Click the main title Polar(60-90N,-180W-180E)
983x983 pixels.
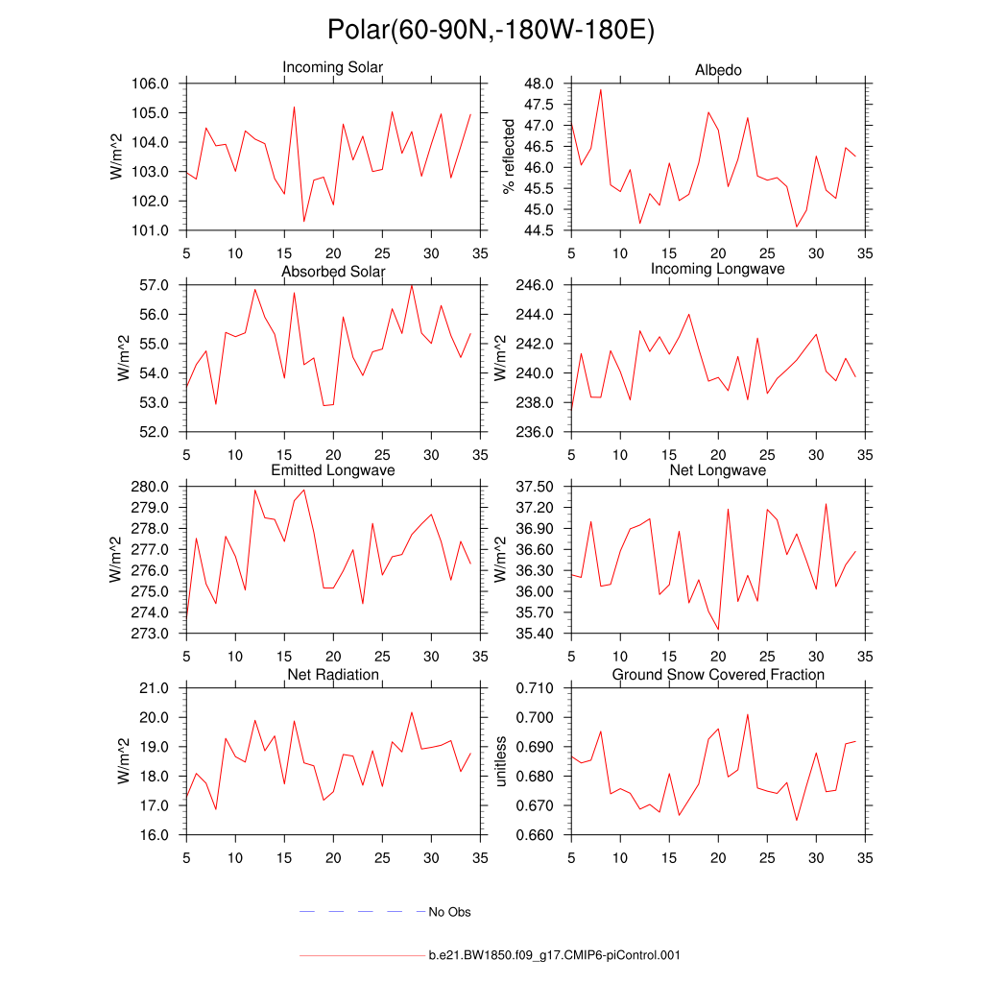tap(491, 30)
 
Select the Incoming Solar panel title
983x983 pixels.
tap(332, 67)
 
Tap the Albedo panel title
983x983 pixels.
tap(718, 70)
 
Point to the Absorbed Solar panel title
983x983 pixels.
tap(333, 272)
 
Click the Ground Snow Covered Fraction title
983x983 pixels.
tap(718, 675)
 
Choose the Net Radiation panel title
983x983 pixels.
tap(333, 675)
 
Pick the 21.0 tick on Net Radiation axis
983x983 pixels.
tap(156, 688)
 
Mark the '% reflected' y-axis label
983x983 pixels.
tap(509, 156)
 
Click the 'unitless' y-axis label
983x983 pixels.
tap(499, 761)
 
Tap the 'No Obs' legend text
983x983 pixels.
tap(449, 912)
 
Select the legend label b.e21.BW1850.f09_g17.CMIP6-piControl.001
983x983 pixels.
tap(554, 955)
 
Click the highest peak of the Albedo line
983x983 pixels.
tap(601, 89)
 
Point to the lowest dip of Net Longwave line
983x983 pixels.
tap(718, 630)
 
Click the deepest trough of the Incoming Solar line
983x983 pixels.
tap(304, 222)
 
